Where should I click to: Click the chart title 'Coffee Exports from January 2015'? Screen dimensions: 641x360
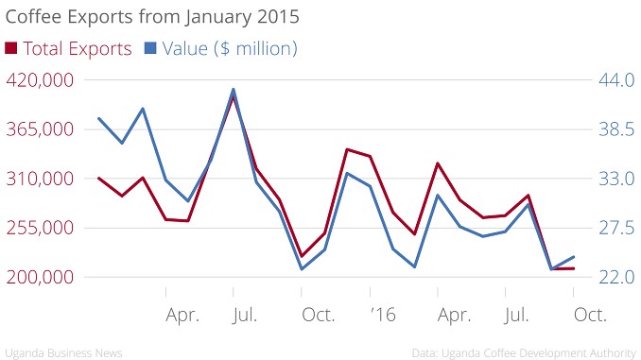(x=152, y=17)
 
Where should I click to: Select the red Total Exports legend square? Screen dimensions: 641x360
(x=11, y=48)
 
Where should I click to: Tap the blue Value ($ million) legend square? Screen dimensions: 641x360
(x=150, y=48)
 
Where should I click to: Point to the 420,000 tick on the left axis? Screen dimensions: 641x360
(x=40, y=80)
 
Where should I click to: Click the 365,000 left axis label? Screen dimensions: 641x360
(x=40, y=129)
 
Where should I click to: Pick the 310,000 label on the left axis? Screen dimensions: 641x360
(x=40, y=179)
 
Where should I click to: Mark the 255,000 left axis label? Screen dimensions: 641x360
(x=40, y=228)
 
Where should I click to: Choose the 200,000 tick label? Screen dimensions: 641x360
(x=40, y=277)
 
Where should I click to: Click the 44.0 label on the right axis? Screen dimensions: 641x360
(x=616, y=80)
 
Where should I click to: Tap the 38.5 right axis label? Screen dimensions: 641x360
(x=616, y=129)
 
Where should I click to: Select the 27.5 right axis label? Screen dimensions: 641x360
(x=616, y=228)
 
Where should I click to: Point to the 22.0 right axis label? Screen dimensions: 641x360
(x=616, y=277)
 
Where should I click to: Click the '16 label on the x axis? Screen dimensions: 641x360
(x=383, y=315)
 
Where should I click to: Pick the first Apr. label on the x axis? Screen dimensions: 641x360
(x=182, y=316)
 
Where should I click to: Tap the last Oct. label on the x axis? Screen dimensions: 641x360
(x=590, y=315)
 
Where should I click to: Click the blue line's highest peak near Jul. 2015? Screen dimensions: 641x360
(x=234, y=89)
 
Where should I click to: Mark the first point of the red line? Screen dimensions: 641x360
(x=98, y=179)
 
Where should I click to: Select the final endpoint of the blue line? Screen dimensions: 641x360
(x=574, y=257)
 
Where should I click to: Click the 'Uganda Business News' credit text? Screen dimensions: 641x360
(x=63, y=353)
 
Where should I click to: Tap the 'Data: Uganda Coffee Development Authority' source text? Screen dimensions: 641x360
(x=524, y=353)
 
